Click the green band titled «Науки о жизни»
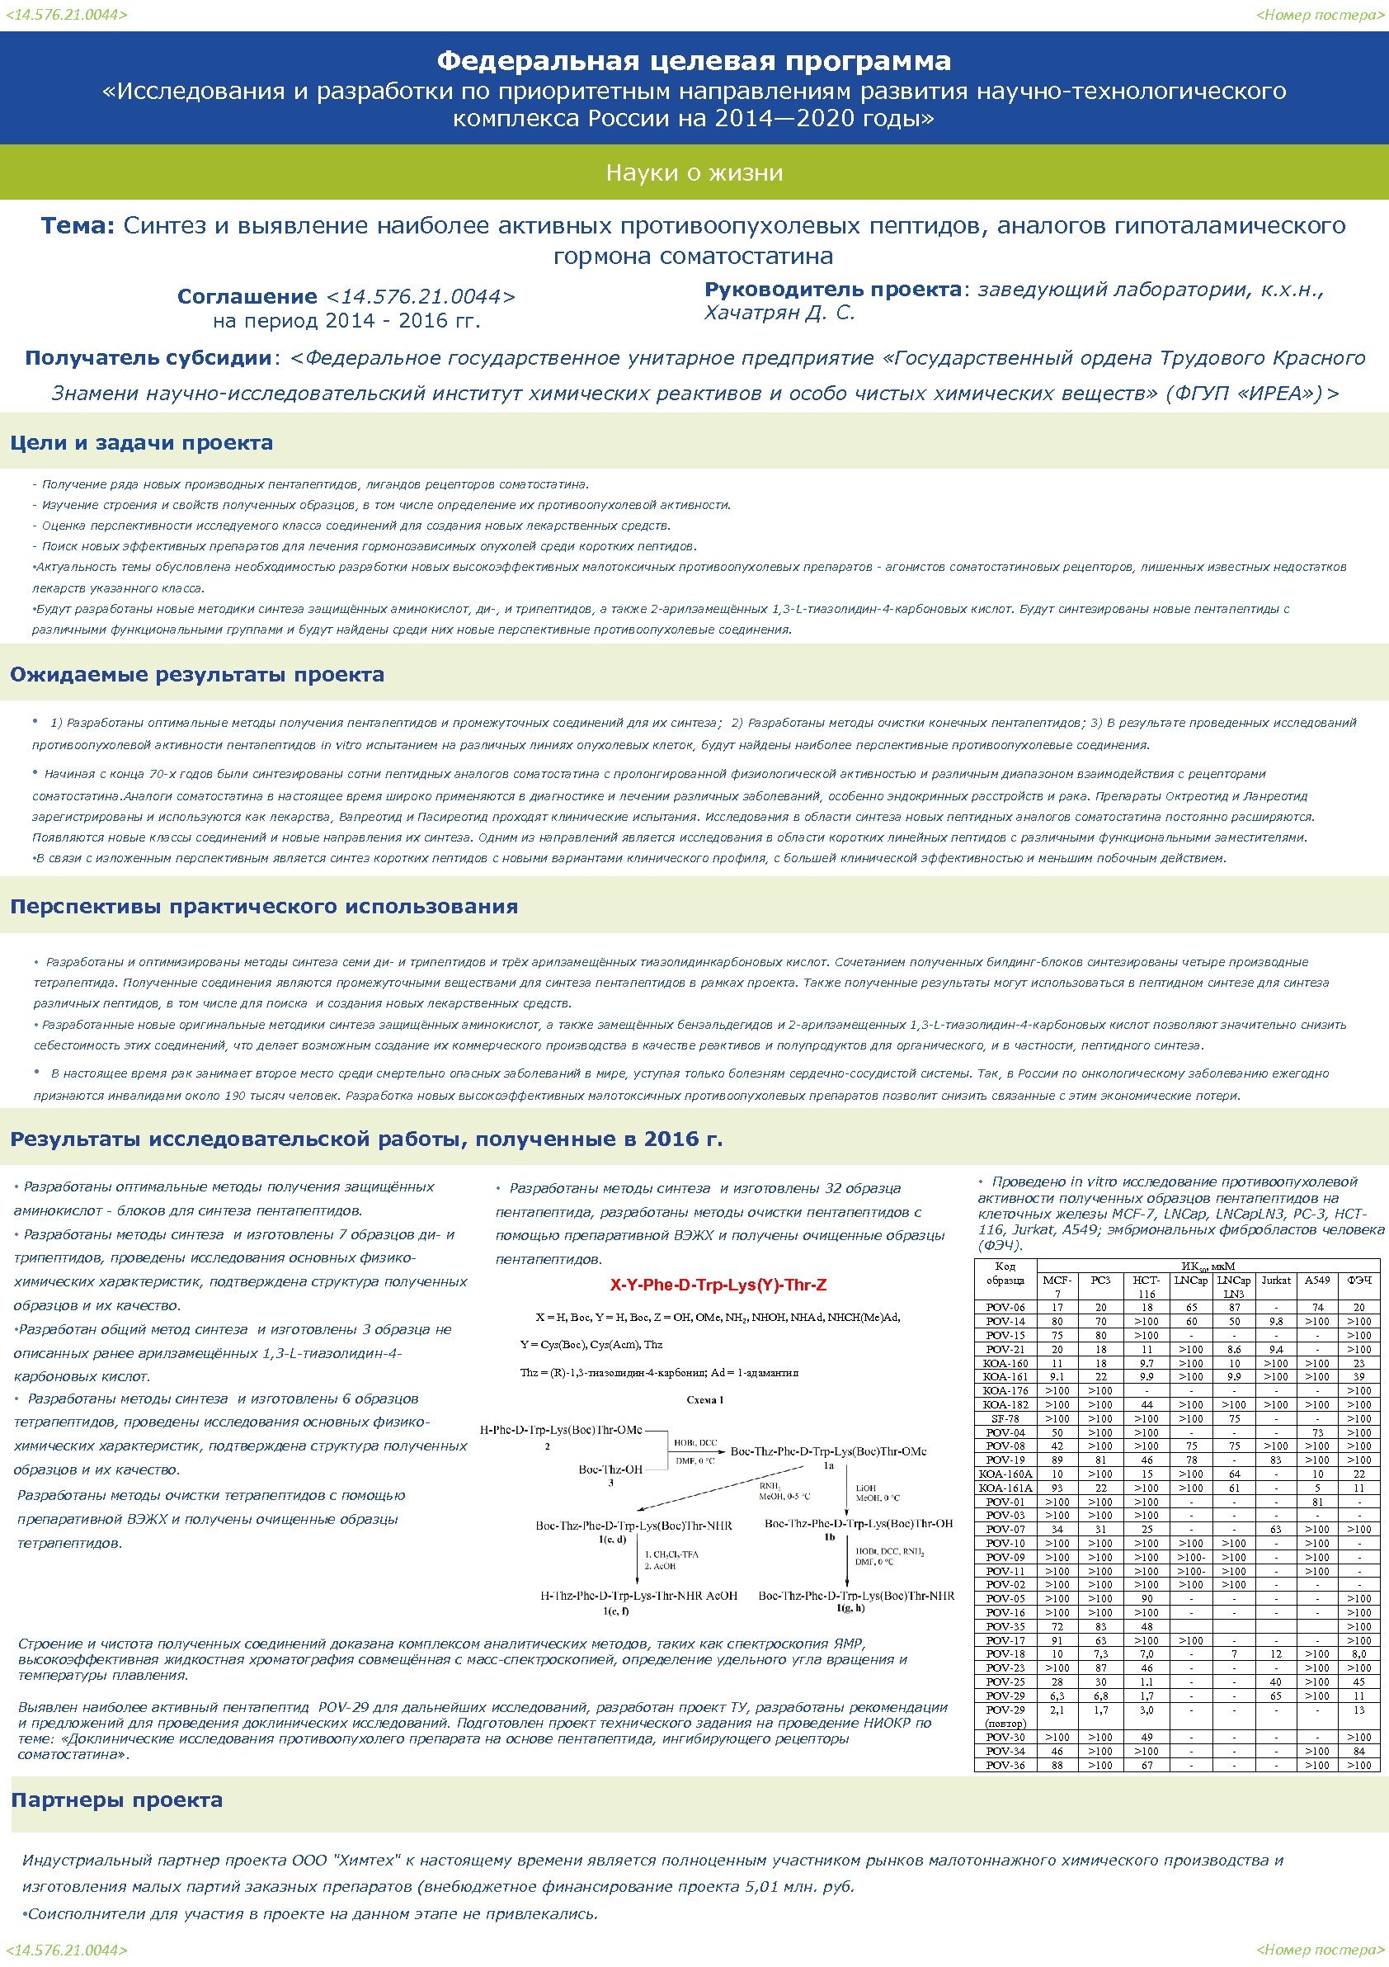(694, 172)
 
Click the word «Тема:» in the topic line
(77, 225)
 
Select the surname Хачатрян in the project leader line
(750, 313)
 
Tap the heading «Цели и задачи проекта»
(141, 443)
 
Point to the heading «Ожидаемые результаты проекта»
(197, 674)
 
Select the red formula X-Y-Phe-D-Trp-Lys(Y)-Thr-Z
(718, 1285)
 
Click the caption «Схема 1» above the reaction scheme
(704, 1400)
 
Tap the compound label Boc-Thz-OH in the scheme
(610, 1469)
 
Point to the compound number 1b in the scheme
(829, 1537)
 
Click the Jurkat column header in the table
(1276, 1281)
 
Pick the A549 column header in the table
(1317, 1281)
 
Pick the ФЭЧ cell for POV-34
(1359, 1752)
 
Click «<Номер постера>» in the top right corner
(1320, 15)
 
